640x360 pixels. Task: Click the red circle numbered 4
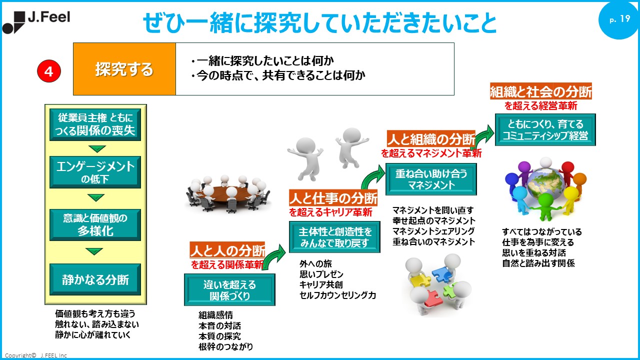tap(49, 71)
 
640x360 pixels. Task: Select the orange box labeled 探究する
tap(124, 69)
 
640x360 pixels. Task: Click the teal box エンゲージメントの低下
tap(95, 171)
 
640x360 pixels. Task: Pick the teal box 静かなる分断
tap(95, 279)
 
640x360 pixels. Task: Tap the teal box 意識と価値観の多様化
tap(95, 224)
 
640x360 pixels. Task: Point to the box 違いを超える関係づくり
tap(229, 290)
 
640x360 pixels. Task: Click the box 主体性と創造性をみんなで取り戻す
tap(335, 237)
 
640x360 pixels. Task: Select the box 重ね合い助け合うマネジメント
tap(431, 179)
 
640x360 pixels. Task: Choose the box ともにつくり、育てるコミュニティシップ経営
tap(545, 129)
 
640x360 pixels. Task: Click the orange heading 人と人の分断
tap(227, 250)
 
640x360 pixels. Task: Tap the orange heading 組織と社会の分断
tap(541, 92)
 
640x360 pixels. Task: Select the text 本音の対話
tap(219, 325)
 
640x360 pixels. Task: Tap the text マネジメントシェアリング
tap(433, 231)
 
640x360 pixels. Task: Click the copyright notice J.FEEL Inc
tap(36, 355)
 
